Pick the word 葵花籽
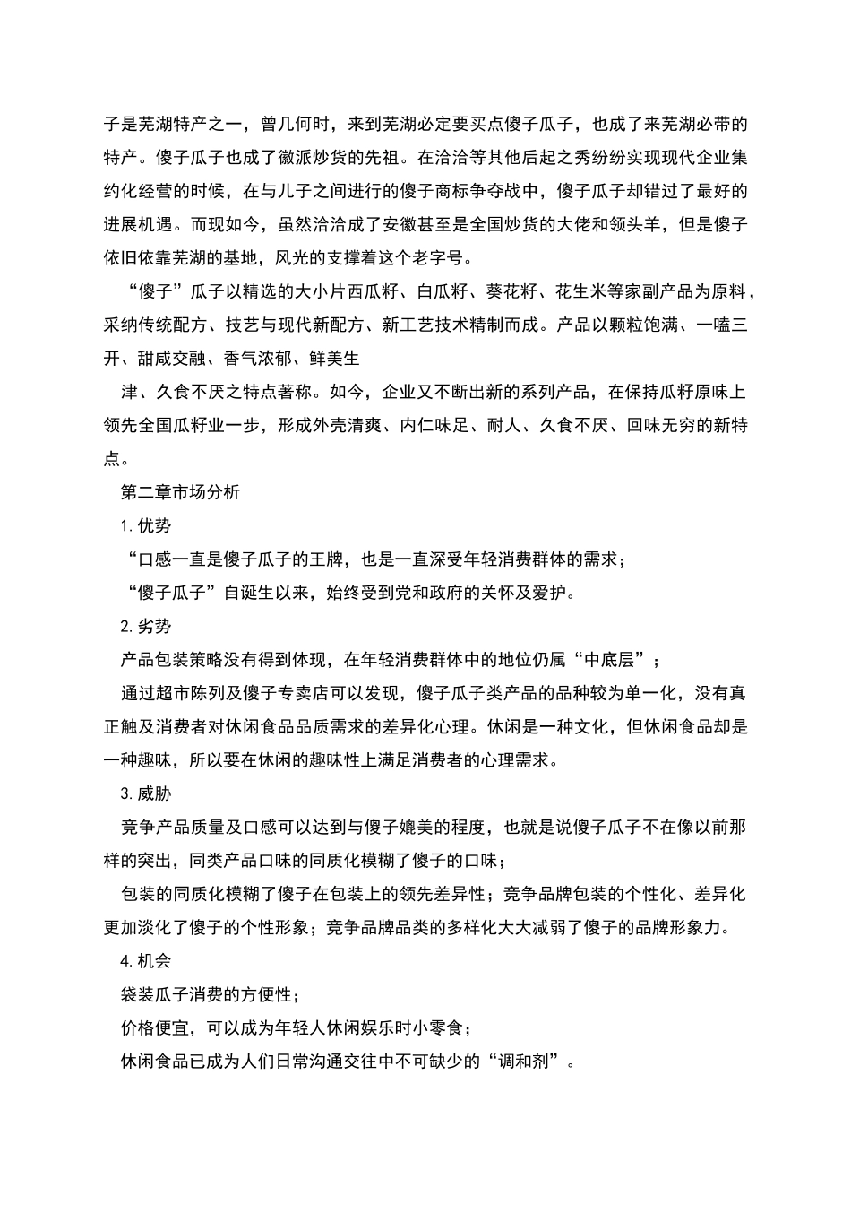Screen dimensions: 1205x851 512,292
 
